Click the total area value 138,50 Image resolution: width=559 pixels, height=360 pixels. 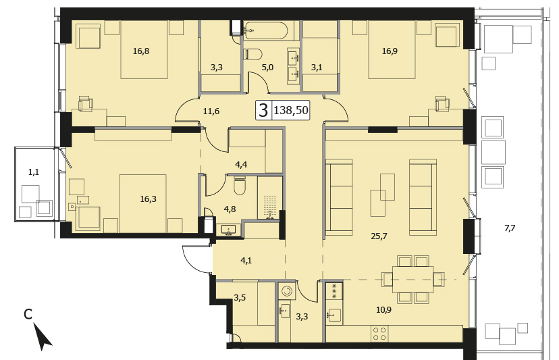(x=290, y=110)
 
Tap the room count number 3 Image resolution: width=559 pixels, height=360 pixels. (x=263, y=111)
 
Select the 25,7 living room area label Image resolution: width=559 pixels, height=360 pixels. (x=379, y=236)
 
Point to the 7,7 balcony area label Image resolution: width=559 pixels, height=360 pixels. (x=510, y=228)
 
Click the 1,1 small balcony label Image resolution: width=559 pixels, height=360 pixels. (x=34, y=172)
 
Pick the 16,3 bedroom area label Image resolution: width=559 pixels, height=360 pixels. (x=148, y=199)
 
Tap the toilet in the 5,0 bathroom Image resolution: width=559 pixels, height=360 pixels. (x=252, y=55)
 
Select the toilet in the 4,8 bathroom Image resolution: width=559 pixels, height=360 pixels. (x=239, y=186)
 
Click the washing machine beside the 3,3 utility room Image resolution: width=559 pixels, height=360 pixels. (x=286, y=291)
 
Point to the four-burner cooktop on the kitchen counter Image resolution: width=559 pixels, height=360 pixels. (x=379, y=333)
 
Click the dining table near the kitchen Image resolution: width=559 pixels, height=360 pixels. (x=412, y=279)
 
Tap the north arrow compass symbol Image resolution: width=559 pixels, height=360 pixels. (x=43, y=336)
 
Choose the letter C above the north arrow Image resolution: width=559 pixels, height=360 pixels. (x=28, y=314)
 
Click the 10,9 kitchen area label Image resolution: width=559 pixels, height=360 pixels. (x=383, y=310)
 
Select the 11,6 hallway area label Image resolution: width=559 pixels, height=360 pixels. (x=211, y=111)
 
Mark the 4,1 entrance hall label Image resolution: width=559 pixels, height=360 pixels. (x=246, y=261)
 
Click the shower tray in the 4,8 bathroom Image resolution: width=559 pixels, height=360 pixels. (x=270, y=197)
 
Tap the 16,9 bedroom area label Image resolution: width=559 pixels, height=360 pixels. (x=390, y=51)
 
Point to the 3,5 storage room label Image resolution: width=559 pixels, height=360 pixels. (x=240, y=298)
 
